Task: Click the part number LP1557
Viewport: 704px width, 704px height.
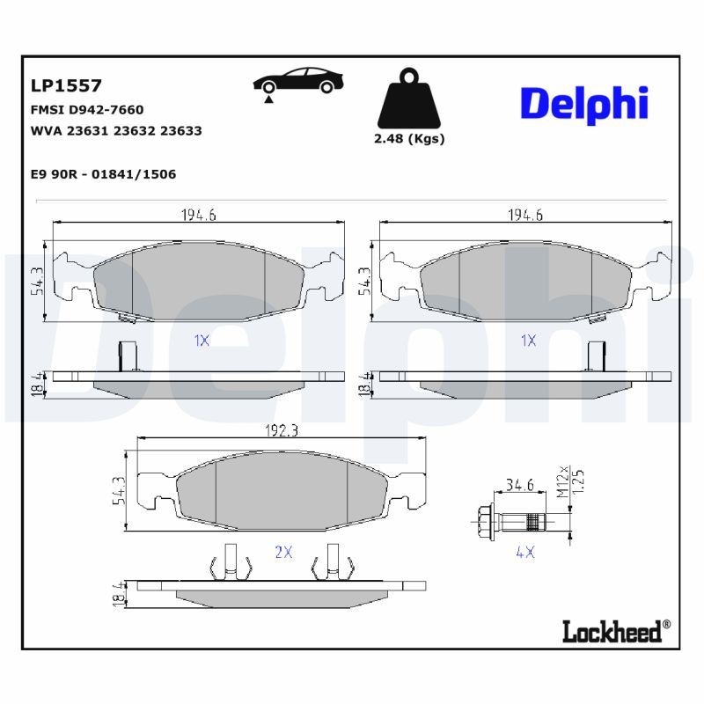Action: point(66,85)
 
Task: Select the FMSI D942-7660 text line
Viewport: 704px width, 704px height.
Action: point(86,110)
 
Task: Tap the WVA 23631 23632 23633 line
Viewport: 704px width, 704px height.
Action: point(115,130)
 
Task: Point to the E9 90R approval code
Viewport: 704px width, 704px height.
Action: point(103,174)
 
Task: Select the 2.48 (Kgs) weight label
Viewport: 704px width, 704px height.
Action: point(410,139)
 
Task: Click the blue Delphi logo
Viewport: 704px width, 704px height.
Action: point(584,103)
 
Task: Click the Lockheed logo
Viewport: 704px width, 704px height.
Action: point(615,629)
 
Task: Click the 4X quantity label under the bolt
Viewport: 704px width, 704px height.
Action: point(525,553)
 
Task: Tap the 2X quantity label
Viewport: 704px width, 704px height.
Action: point(282,553)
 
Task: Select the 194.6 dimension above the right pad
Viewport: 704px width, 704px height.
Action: point(525,215)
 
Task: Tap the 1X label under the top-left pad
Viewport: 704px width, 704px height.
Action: point(201,340)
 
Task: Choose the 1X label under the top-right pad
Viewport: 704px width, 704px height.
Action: point(527,340)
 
